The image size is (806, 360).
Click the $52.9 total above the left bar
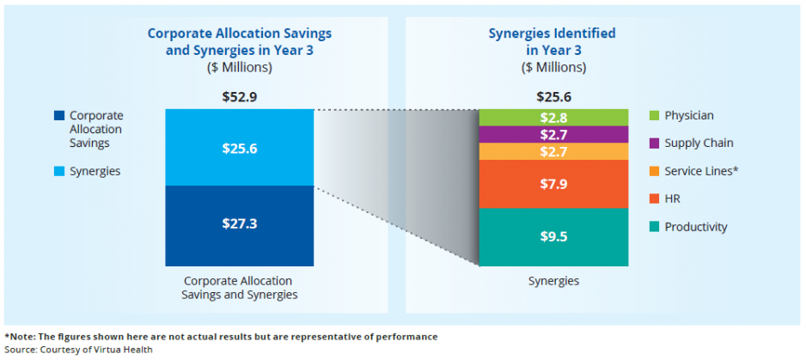(x=239, y=97)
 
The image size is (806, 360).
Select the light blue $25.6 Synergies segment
(x=239, y=148)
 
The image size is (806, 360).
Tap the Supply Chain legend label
(x=699, y=143)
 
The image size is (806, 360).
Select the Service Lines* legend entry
(x=701, y=171)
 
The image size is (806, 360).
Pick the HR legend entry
(x=674, y=198)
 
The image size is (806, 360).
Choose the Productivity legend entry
(x=695, y=227)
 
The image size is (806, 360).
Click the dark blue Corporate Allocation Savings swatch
(x=58, y=115)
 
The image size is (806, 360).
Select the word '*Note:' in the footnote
(x=20, y=336)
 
